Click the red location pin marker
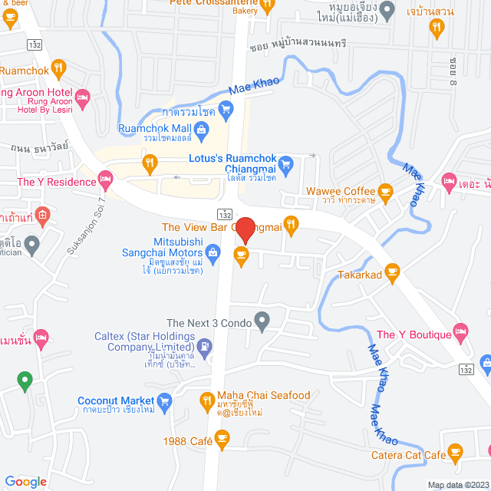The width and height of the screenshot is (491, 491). click(245, 230)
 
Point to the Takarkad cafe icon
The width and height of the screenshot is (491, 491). click(393, 272)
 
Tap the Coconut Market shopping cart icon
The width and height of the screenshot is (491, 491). click(164, 400)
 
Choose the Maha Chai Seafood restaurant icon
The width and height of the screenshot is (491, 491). click(206, 400)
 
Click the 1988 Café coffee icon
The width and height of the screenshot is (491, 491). click(222, 440)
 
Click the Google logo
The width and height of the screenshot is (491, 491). click(25, 481)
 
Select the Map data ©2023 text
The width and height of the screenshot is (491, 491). click(457, 485)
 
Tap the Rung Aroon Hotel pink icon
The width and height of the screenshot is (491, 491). click(84, 97)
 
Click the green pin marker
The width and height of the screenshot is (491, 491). click(25, 379)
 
